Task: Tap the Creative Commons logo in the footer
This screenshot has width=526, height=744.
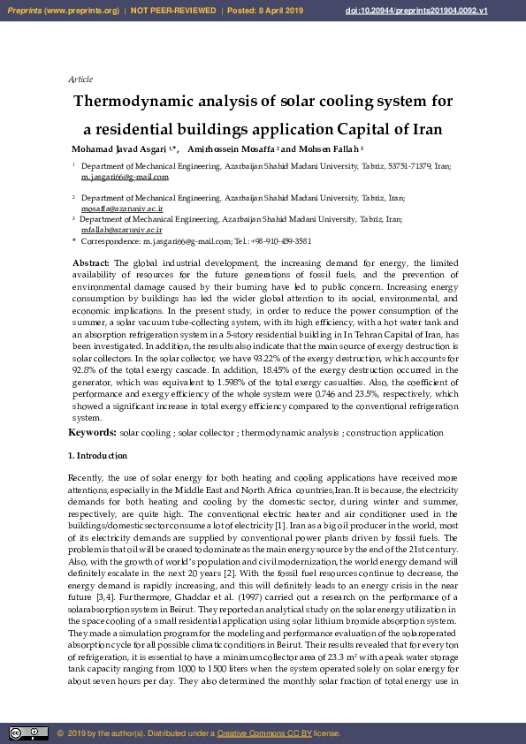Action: [28, 733]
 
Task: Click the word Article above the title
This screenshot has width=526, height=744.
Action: [80, 80]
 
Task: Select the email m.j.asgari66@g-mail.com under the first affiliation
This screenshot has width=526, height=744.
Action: [125, 177]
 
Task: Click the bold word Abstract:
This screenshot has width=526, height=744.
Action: [91, 263]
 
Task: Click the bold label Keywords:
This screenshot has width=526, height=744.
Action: [92, 433]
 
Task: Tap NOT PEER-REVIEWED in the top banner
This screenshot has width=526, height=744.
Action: [173, 10]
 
